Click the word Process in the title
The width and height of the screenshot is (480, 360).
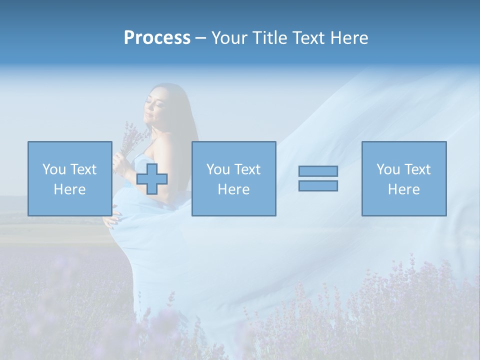[157, 38]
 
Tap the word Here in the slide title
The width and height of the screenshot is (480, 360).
[348, 38]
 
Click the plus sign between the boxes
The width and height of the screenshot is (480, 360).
[152, 178]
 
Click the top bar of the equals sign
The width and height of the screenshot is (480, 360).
[318, 171]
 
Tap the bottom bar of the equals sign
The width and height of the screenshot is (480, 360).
[318, 185]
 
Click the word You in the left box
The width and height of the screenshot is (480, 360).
[54, 169]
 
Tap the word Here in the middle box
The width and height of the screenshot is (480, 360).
[234, 189]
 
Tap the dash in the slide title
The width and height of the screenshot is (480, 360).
[201, 38]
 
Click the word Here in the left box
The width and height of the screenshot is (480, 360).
[70, 189]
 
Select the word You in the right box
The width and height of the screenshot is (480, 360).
[388, 169]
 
